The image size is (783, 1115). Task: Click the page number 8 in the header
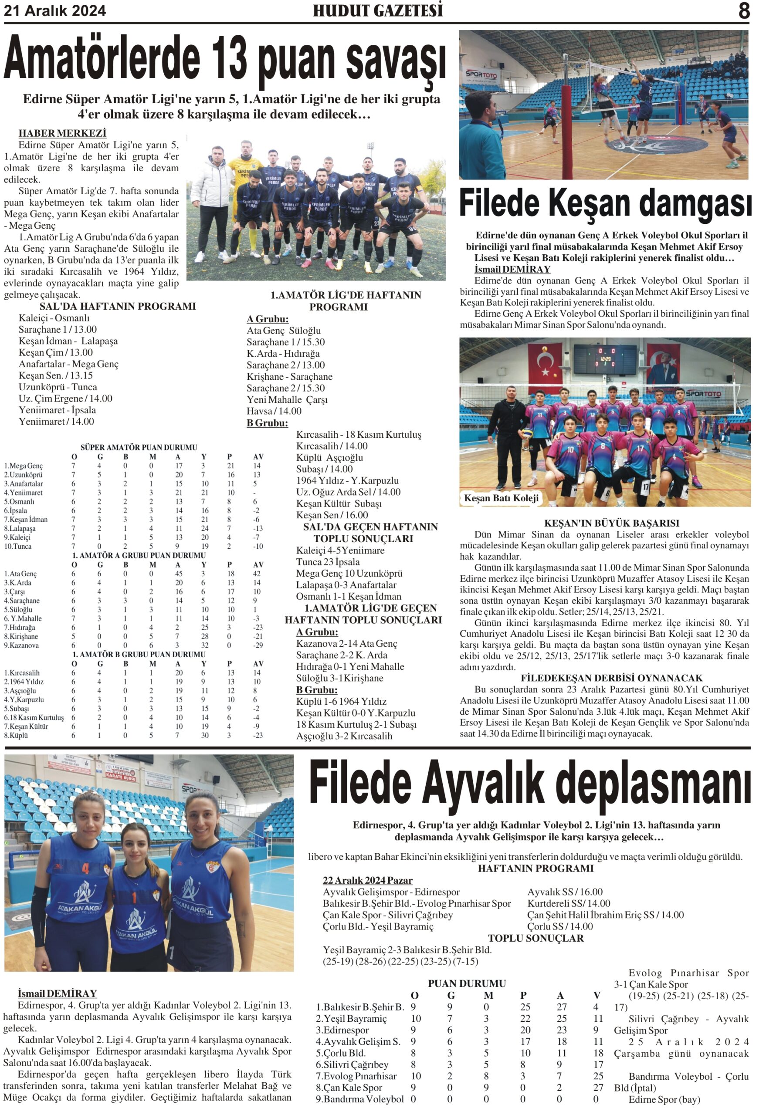click(743, 11)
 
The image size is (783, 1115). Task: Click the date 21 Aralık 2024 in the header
click(55, 11)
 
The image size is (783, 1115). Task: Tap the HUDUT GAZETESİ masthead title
click(377, 11)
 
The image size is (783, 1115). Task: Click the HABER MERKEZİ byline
click(62, 133)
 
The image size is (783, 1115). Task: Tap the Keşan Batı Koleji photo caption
click(501, 498)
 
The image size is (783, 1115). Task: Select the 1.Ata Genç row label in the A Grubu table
click(21, 574)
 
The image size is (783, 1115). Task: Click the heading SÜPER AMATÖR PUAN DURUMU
click(139, 447)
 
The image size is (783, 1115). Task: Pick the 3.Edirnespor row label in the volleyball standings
click(342, 1030)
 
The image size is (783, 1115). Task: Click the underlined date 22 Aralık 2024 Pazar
click(367, 880)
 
